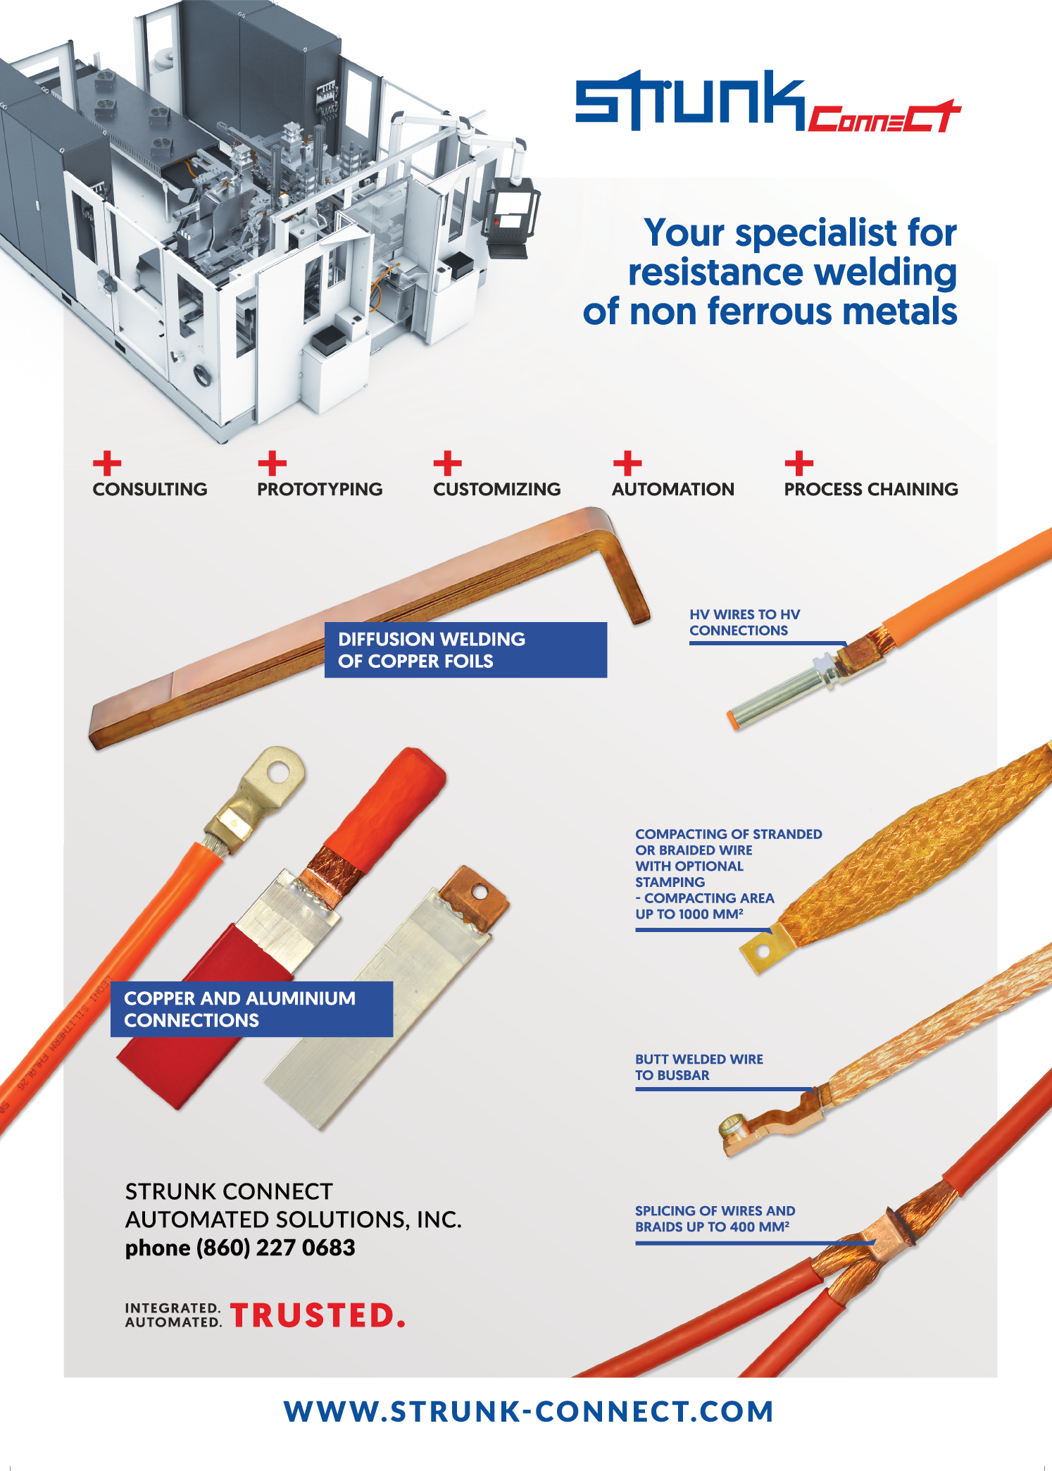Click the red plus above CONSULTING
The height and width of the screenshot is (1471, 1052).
pos(107,464)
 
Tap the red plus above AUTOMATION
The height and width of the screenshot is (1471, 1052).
pos(627,464)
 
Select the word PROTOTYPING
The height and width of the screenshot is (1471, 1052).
pos(320,489)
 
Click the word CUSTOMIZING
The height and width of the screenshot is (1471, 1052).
pos(496,489)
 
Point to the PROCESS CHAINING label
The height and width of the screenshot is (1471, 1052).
pos(871,489)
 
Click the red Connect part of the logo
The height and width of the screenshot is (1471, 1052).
pos(884,117)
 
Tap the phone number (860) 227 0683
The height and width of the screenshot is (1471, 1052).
pos(275,1248)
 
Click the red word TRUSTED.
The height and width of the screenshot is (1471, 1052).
pos(318,1315)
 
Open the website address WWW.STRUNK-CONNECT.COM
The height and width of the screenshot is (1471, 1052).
pos(529,1412)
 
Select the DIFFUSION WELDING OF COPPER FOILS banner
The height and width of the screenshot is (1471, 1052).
pos(465,650)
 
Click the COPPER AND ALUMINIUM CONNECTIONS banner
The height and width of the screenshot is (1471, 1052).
pos(251,1009)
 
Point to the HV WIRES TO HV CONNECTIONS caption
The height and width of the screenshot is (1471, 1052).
pos(745,623)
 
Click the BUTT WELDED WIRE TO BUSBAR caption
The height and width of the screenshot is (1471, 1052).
pos(699,1067)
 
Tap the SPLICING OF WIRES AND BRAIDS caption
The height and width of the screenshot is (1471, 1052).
pos(715,1219)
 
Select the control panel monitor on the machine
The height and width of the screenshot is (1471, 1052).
pos(509,213)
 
